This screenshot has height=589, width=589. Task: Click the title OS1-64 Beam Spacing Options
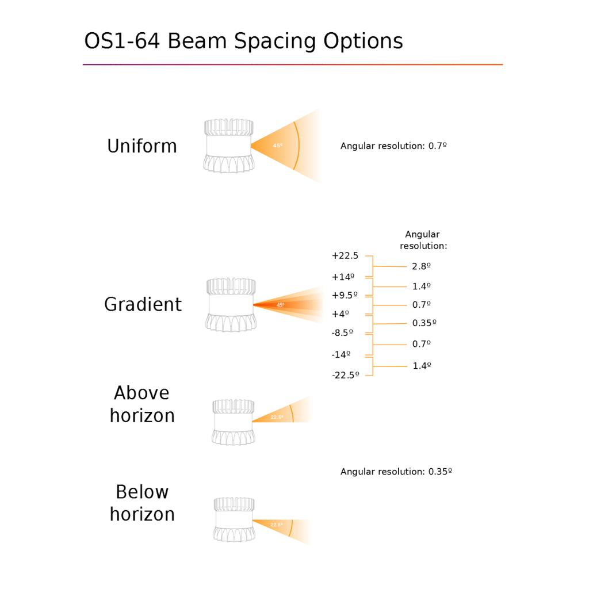(x=243, y=41)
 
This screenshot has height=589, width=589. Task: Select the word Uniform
(x=142, y=146)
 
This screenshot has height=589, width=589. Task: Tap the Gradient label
(x=143, y=304)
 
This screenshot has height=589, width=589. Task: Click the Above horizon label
(x=142, y=404)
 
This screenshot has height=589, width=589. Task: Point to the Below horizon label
(x=142, y=503)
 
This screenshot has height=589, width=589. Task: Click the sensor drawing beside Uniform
(x=229, y=146)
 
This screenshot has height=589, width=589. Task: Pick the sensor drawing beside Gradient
(x=231, y=305)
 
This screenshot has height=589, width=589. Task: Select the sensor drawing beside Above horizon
(x=234, y=422)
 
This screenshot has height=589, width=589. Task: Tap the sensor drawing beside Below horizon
(x=234, y=519)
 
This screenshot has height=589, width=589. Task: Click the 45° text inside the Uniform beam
(x=278, y=146)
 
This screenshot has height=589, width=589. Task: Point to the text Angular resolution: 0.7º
(x=393, y=146)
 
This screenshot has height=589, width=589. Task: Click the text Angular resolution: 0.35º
(x=396, y=472)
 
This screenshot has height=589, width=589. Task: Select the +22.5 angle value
(x=345, y=256)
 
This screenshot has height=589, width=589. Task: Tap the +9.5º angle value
(x=345, y=295)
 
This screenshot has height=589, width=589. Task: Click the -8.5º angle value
(x=342, y=333)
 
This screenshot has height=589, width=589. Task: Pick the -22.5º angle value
(x=345, y=375)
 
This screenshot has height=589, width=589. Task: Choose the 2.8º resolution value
(x=421, y=266)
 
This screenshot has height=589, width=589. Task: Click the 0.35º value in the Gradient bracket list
(x=424, y=323)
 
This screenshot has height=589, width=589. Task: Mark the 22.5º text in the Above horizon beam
(x=277, y=417)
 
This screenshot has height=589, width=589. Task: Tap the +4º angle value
(x=341, y=314)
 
